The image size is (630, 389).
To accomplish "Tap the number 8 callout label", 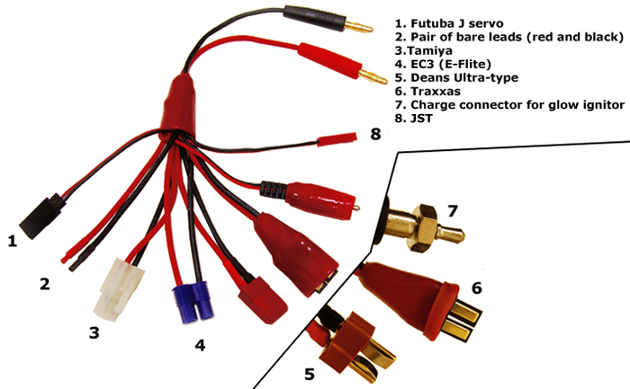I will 375,135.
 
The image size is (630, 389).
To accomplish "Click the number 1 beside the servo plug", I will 13,241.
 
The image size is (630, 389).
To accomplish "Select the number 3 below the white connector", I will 93,333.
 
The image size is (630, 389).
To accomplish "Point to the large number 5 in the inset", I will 310,372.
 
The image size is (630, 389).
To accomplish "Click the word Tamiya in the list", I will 433,51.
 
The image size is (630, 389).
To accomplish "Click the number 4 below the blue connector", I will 200,344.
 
